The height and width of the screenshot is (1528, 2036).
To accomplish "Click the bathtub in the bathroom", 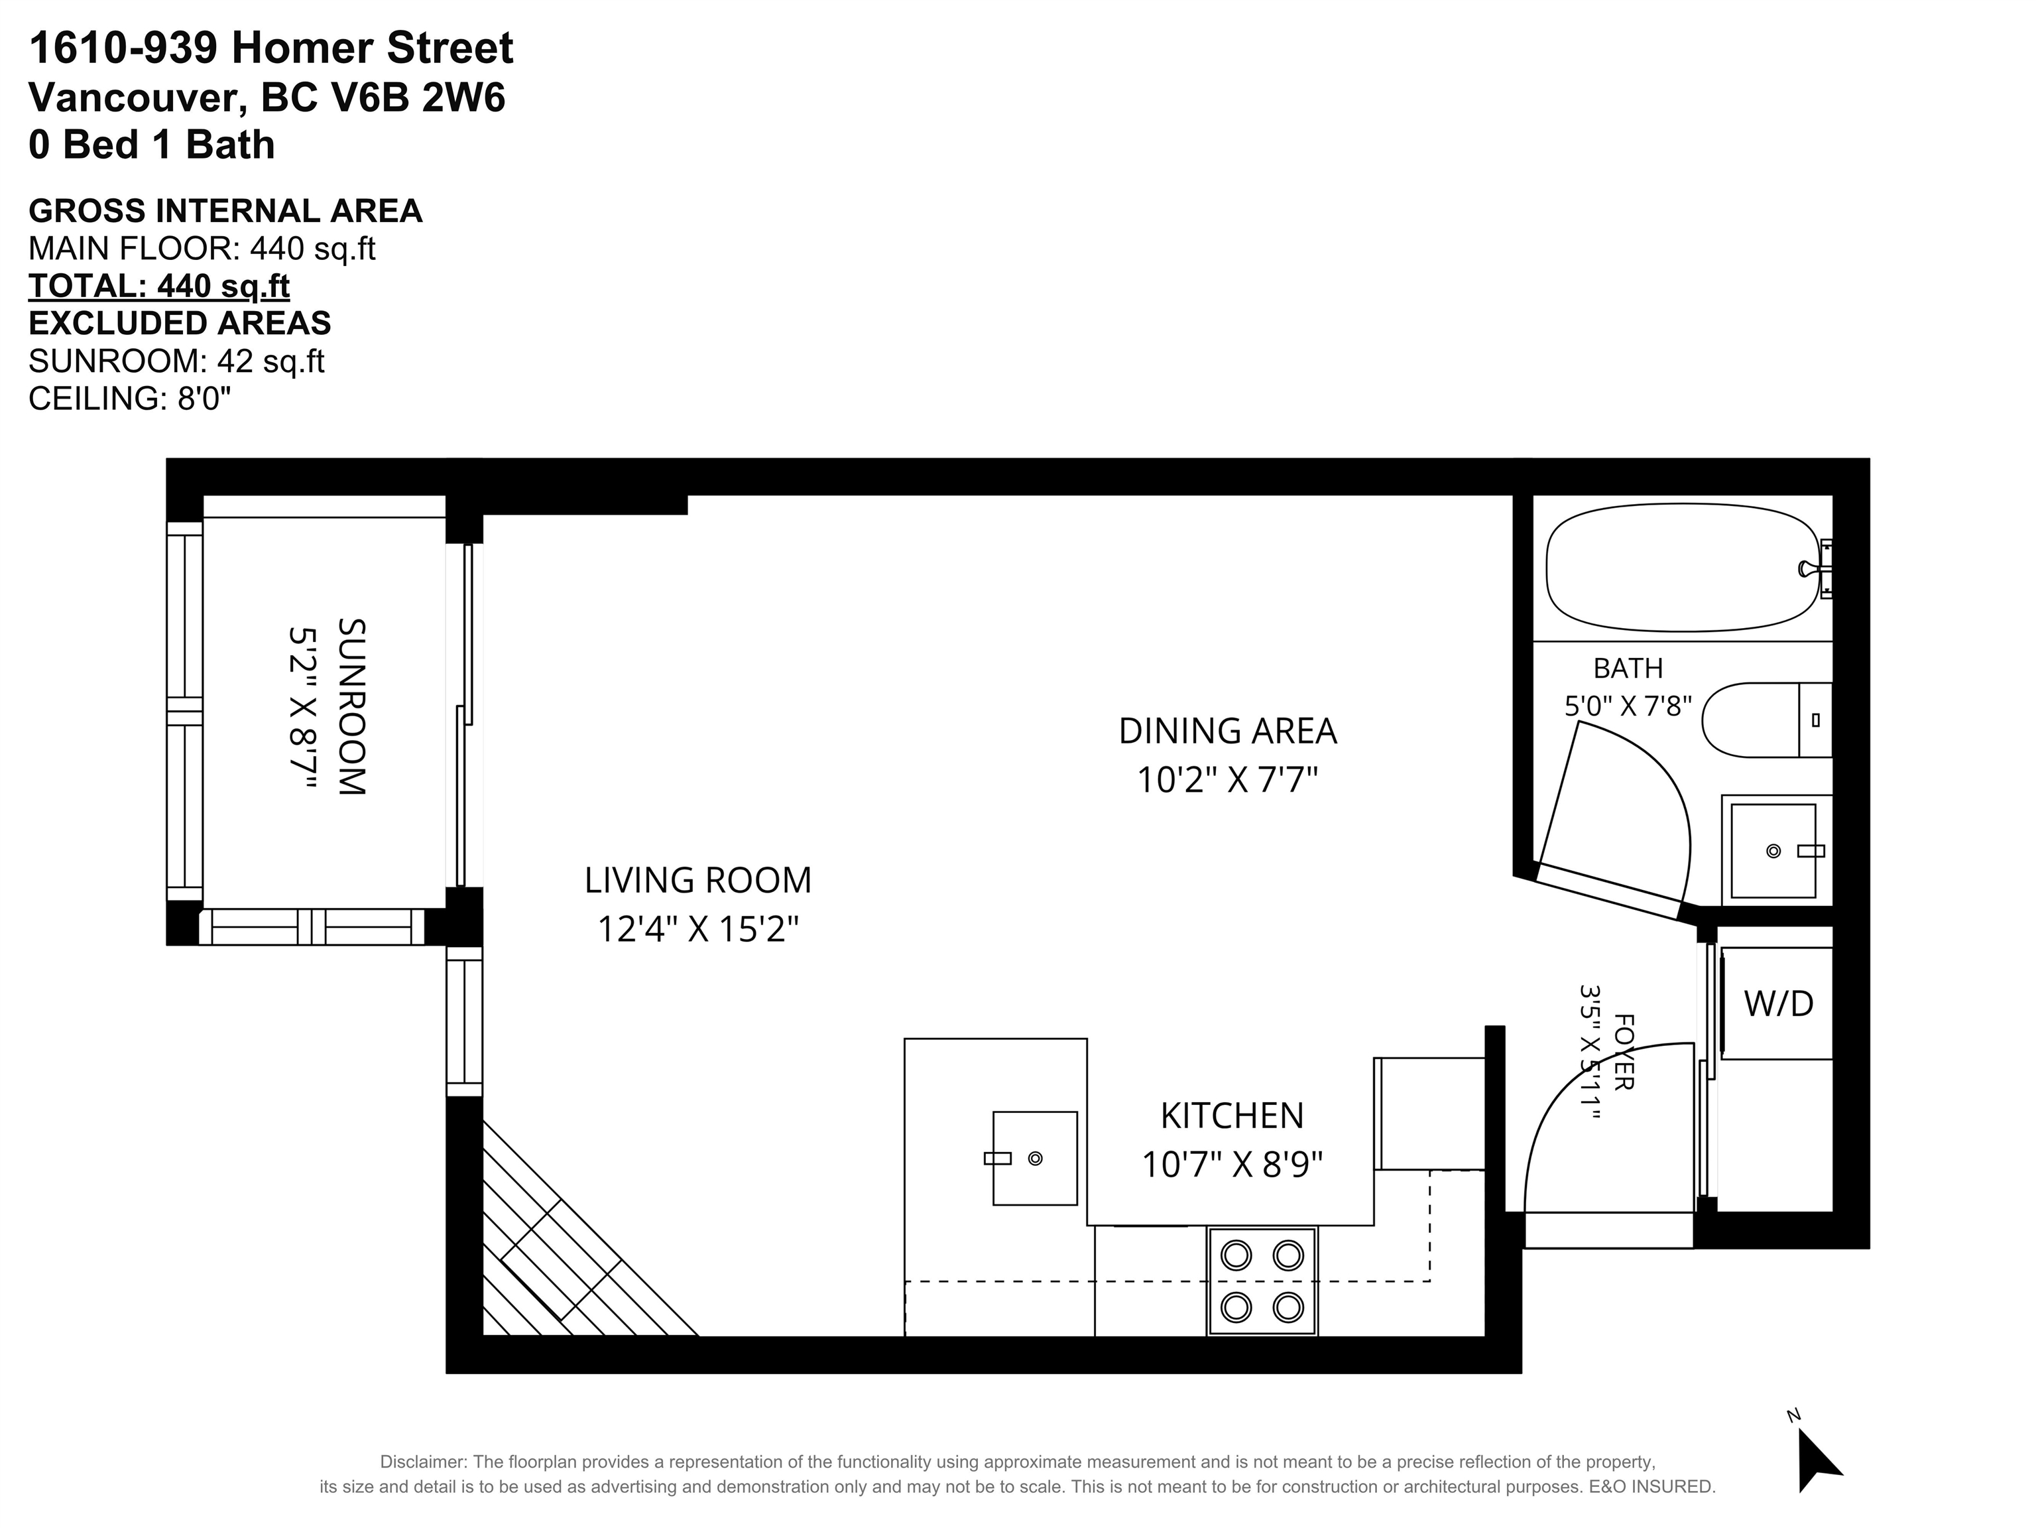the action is coord(1683,567).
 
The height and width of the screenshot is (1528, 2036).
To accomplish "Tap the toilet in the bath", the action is coord(1766,720).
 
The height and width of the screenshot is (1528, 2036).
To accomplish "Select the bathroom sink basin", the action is coord(1773,850).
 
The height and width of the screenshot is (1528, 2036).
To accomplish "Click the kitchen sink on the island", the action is coord(1034,1158).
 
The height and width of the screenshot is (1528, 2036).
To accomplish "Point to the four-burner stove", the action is coord(1262,1281).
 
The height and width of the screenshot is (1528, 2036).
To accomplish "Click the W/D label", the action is coord(1778,1003).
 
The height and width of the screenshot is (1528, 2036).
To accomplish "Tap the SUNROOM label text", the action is coord(351,707).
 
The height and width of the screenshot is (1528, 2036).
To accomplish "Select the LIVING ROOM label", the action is coord(697,880).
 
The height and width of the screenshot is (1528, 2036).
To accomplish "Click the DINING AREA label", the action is coord(1227,731).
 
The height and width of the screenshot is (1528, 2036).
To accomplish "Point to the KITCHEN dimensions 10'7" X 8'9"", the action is coord(1232,1165).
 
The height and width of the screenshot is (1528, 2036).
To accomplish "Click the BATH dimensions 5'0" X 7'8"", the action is coord(1628,706).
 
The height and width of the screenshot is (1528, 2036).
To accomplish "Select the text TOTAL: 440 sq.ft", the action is coord(159,286).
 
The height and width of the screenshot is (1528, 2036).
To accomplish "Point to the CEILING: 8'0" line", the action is coord(130,399).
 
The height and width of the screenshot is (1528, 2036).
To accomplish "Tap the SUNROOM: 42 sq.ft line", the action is coord(177,361).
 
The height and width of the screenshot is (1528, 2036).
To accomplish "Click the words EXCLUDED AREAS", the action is coord(180,323).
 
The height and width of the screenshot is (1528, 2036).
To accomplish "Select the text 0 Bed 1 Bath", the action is coord(152,145).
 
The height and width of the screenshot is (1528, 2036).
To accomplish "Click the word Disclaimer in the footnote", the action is coord(424,1462).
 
